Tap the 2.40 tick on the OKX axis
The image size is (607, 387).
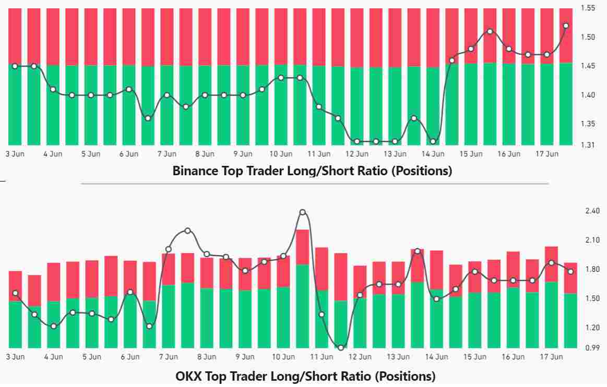(593, 211)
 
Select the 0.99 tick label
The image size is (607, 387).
(593, 347)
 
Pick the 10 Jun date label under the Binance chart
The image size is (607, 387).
(281, 154)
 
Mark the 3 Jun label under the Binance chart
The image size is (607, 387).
(14, 154)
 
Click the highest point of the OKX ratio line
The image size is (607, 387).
(303, 212)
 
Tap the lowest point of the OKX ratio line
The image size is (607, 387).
(341, 348)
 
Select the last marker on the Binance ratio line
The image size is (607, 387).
(566, 26)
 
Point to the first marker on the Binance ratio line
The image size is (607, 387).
(15, 66)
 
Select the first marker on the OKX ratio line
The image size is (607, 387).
(15, 293)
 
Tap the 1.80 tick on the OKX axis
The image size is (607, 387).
(593, 269)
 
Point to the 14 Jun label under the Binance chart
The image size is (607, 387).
(433, 154)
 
